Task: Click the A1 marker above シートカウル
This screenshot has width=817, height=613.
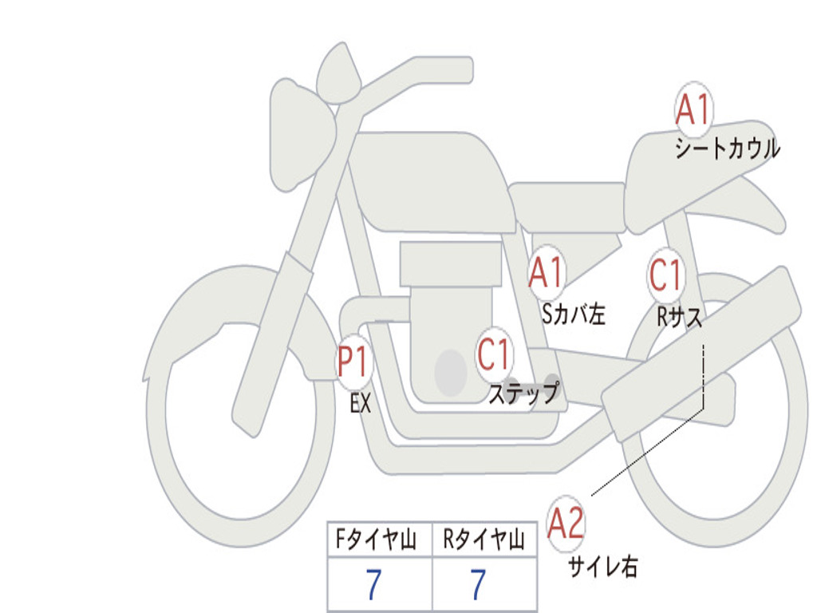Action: pos(693,110)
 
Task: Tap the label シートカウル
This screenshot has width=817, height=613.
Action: pos(727,149)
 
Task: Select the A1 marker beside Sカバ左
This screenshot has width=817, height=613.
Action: pos(547,272)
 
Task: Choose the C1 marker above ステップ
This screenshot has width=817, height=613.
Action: pos(495,354)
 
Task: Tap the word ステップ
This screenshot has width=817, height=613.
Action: pos(523,394)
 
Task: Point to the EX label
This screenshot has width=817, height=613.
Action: pos(361,404)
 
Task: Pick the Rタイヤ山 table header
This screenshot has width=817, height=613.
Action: pos(483,541)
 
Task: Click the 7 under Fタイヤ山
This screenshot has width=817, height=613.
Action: pos(373,585)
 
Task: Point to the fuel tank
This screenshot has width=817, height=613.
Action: pos(431,180)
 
